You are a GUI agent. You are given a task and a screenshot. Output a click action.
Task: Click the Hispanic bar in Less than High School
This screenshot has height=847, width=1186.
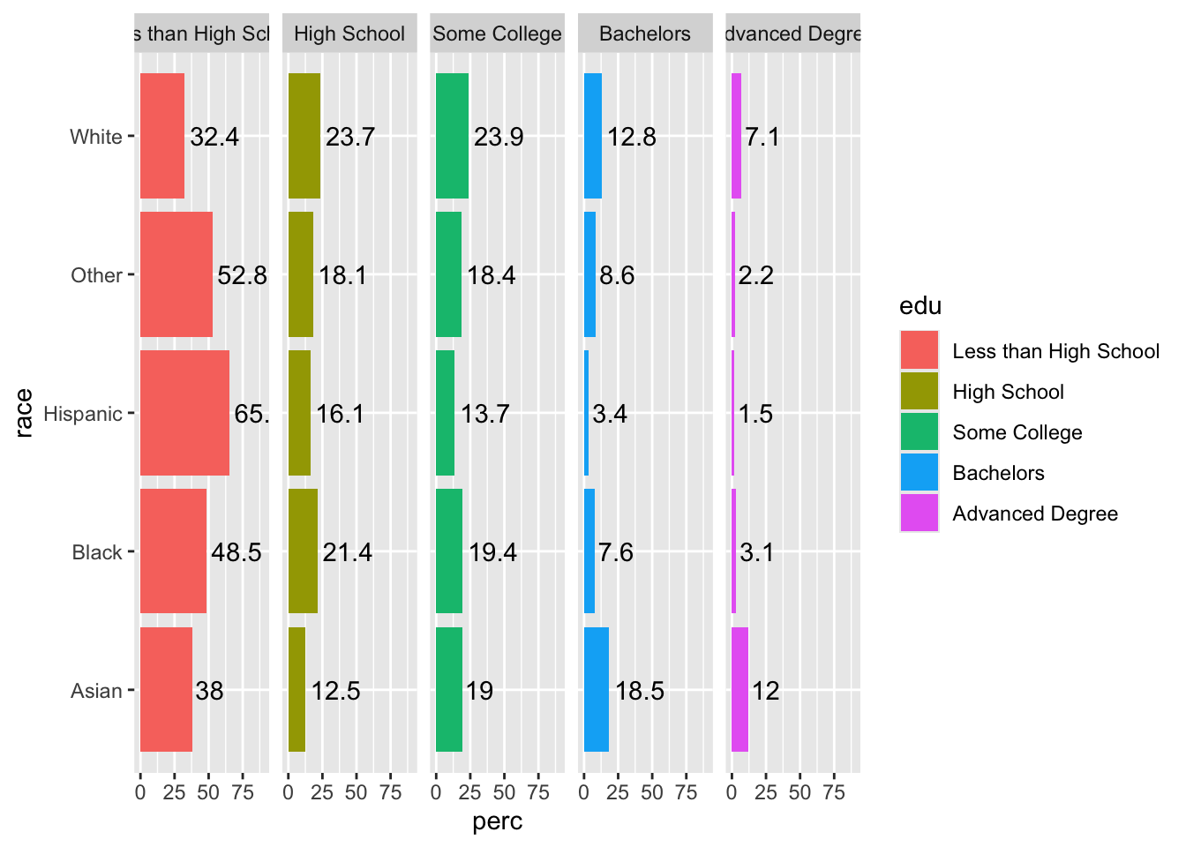pos(184,413)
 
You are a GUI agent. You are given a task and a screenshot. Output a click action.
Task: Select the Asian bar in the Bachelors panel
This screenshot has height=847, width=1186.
pos(596,690)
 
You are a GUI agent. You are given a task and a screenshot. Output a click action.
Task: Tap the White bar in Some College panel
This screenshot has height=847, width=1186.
pos(452,136)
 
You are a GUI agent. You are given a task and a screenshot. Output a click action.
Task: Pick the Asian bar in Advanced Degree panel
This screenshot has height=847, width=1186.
pos(739,690)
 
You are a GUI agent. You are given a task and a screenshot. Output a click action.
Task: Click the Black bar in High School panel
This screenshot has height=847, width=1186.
pos(303,551)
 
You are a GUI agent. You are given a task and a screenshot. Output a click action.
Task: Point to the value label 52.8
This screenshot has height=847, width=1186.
pos(242,275)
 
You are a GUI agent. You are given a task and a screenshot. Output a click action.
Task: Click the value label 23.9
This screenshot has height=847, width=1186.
pos(499,137)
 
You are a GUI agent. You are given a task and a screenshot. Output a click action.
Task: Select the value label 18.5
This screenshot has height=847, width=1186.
pos(639,691)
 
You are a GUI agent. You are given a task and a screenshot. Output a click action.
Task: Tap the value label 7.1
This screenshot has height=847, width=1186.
pos(762,137)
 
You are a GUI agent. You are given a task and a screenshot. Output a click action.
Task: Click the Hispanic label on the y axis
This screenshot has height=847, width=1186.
pos(83,414)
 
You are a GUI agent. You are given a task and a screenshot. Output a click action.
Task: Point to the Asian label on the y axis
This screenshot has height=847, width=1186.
pos(96,691)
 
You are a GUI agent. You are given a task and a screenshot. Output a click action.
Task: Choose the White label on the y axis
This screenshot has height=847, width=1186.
pos(95,137)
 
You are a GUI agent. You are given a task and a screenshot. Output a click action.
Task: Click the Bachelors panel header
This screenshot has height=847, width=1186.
pos(645,34)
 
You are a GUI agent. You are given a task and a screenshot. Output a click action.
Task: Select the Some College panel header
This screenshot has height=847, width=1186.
pos(497,34)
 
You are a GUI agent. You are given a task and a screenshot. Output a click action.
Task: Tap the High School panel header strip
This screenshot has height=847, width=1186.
pos(349,34)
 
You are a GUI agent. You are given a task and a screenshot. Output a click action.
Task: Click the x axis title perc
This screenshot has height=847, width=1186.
pos(498,821)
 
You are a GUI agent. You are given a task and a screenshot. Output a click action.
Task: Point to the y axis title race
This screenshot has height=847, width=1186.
pos(24,413)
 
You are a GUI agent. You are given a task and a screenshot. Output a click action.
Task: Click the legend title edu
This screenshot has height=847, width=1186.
pos(920,306)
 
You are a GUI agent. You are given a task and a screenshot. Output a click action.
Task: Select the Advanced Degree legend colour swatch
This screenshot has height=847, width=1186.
pos(920,513)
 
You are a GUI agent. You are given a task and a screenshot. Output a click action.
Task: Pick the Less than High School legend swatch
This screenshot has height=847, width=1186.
pos(920,350)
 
